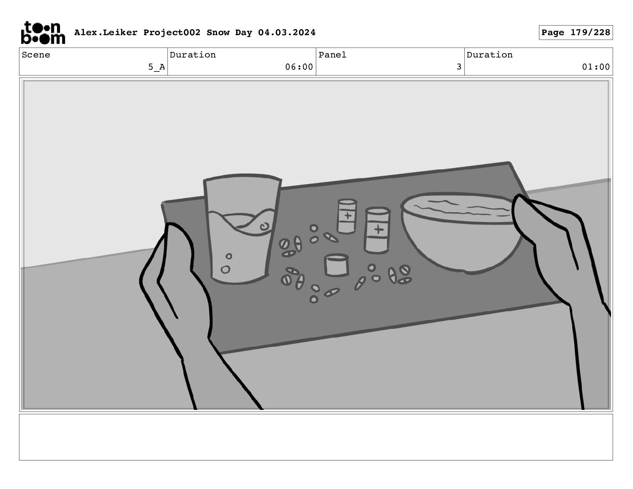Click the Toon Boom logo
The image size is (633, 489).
[43, 33]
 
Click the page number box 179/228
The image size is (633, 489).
[575, 33]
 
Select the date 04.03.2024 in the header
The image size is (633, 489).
[287, 32]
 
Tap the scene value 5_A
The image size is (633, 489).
[156, 67]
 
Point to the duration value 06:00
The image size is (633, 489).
[299, 67]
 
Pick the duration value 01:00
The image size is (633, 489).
[596, 67]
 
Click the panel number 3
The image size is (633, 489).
[459, 67]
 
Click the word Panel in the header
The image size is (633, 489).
[332, 55]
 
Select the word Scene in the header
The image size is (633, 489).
[36, 55]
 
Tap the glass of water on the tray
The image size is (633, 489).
[242, 229]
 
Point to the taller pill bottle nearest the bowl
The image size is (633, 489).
[377, 230]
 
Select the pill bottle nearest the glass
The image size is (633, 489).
[346, 216]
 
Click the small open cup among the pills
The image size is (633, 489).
[336, 265]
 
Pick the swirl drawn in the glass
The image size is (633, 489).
[265, 227]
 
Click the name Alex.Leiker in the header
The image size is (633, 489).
[106, 32]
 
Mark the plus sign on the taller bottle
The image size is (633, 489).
[378, 229]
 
